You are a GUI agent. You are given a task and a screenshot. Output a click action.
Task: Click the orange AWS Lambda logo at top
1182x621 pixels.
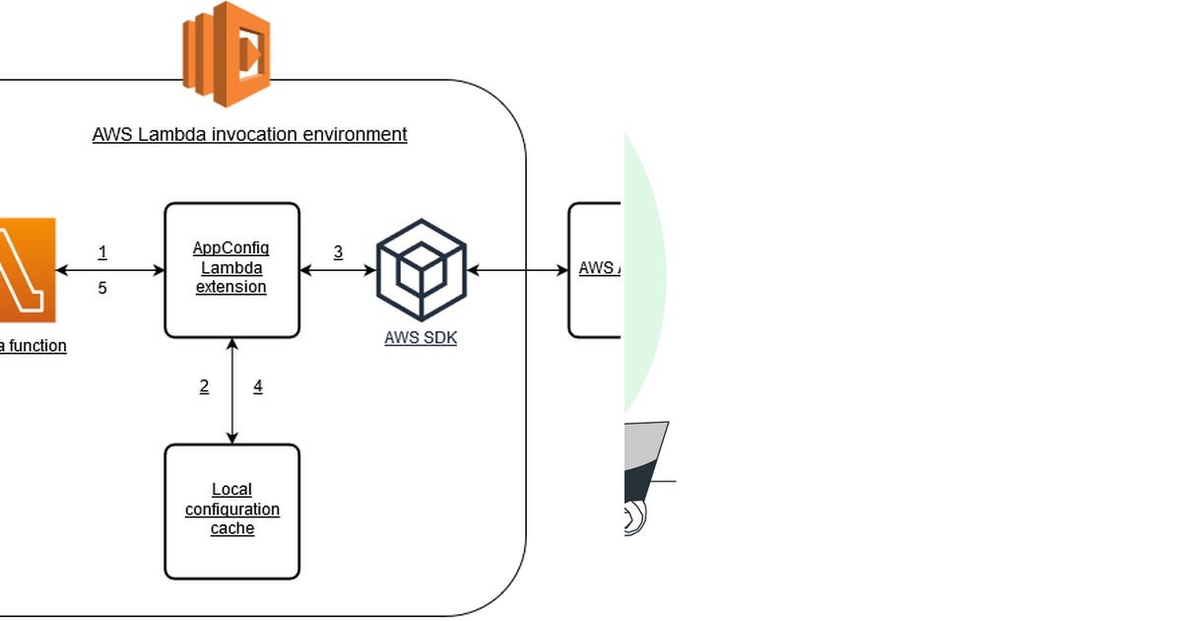tap(227, 53)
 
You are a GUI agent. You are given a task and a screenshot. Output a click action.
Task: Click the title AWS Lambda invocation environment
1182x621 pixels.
tap(249, 134)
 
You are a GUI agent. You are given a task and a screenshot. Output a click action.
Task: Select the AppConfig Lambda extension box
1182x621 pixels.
tap(231, 269)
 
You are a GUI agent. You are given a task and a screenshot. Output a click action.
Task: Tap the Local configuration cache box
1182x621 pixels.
tap(231, 511)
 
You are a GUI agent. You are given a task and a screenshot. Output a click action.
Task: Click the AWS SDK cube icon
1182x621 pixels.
tap(421, 269)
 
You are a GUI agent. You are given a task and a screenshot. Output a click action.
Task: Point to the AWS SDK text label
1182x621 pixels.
tap(421, 338)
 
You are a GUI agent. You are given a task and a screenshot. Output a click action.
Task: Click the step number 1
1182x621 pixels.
tap(102, 252)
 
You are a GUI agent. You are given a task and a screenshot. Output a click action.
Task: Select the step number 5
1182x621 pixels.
tap(102, 289)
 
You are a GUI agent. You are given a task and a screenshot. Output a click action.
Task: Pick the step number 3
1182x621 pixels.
tap(338, 252)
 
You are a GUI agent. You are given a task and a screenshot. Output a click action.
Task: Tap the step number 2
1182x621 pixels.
tap(204, 386)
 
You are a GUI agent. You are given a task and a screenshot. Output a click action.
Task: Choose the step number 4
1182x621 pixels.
tap(258, 386)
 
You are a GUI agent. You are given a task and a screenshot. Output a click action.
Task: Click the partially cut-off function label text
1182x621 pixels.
tap(33, 346)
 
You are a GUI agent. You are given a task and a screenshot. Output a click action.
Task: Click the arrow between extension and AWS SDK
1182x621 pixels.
tap(338, 270)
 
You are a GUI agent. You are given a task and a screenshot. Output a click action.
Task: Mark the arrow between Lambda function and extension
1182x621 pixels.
tap(109, 270)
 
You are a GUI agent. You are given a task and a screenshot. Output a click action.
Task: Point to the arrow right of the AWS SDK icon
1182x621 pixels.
tap(518, 270)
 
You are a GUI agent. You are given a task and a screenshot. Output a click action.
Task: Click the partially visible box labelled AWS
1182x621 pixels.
tap(595, 269)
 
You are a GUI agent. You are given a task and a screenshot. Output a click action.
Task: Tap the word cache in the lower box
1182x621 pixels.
tap(232, 529)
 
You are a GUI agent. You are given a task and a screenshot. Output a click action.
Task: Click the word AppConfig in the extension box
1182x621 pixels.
tap(230, 247)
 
